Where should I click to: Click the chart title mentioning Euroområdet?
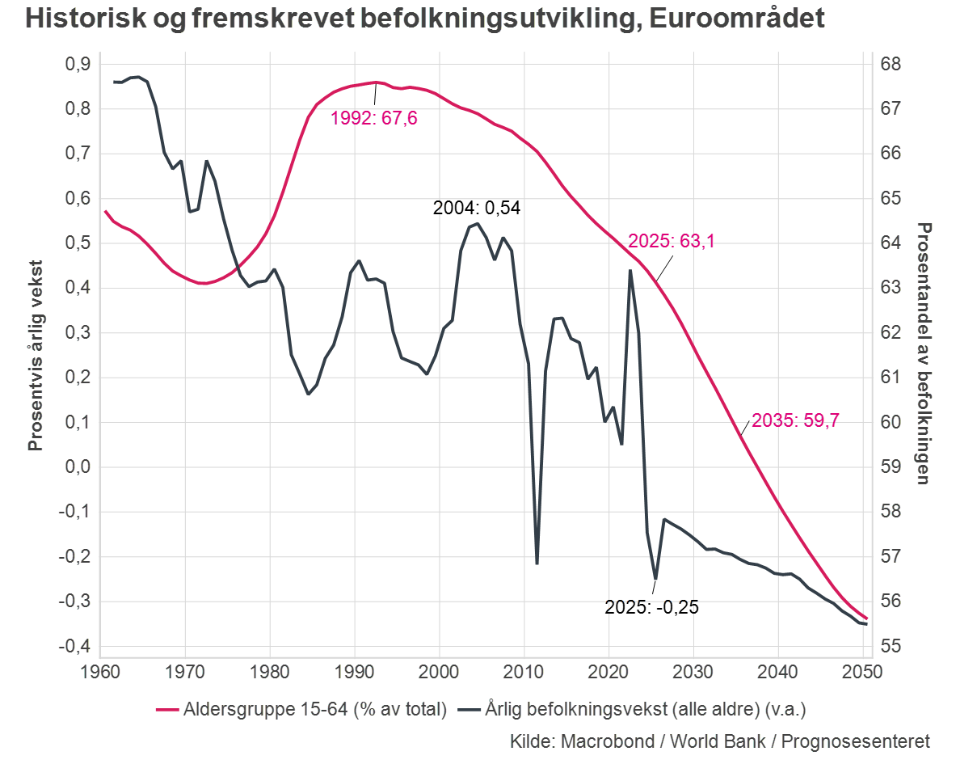point(425,18)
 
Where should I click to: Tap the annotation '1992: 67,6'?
point(374,120)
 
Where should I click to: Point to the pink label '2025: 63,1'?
point(672,240)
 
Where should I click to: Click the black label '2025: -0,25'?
point(651,607)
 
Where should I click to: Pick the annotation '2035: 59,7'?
point(795,420)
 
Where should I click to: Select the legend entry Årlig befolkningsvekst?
point(632,709)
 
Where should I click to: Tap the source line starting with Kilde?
point(719,741)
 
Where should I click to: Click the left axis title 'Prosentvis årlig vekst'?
point(36,355)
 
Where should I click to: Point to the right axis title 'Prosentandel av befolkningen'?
point(924,353)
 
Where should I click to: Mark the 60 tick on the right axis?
point(891,422)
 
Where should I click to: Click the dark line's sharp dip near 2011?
point(537,564)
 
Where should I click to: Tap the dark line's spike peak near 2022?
point(630,270)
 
